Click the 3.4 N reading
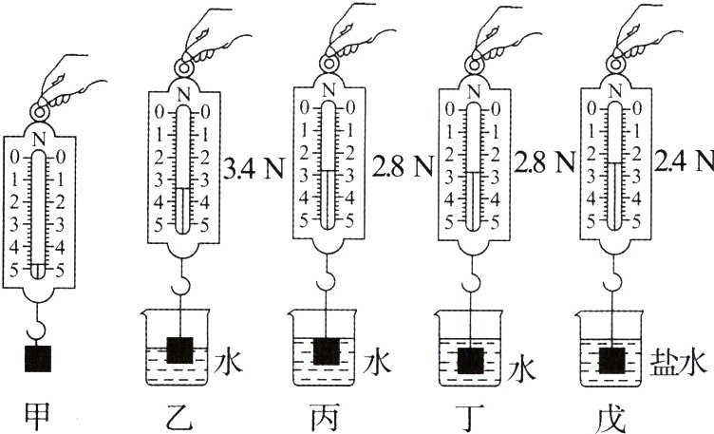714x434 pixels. (254, 168)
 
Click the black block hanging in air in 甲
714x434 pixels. (38, 358)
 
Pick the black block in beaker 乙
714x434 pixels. (180, 349)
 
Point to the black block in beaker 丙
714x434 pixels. (327, 351)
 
